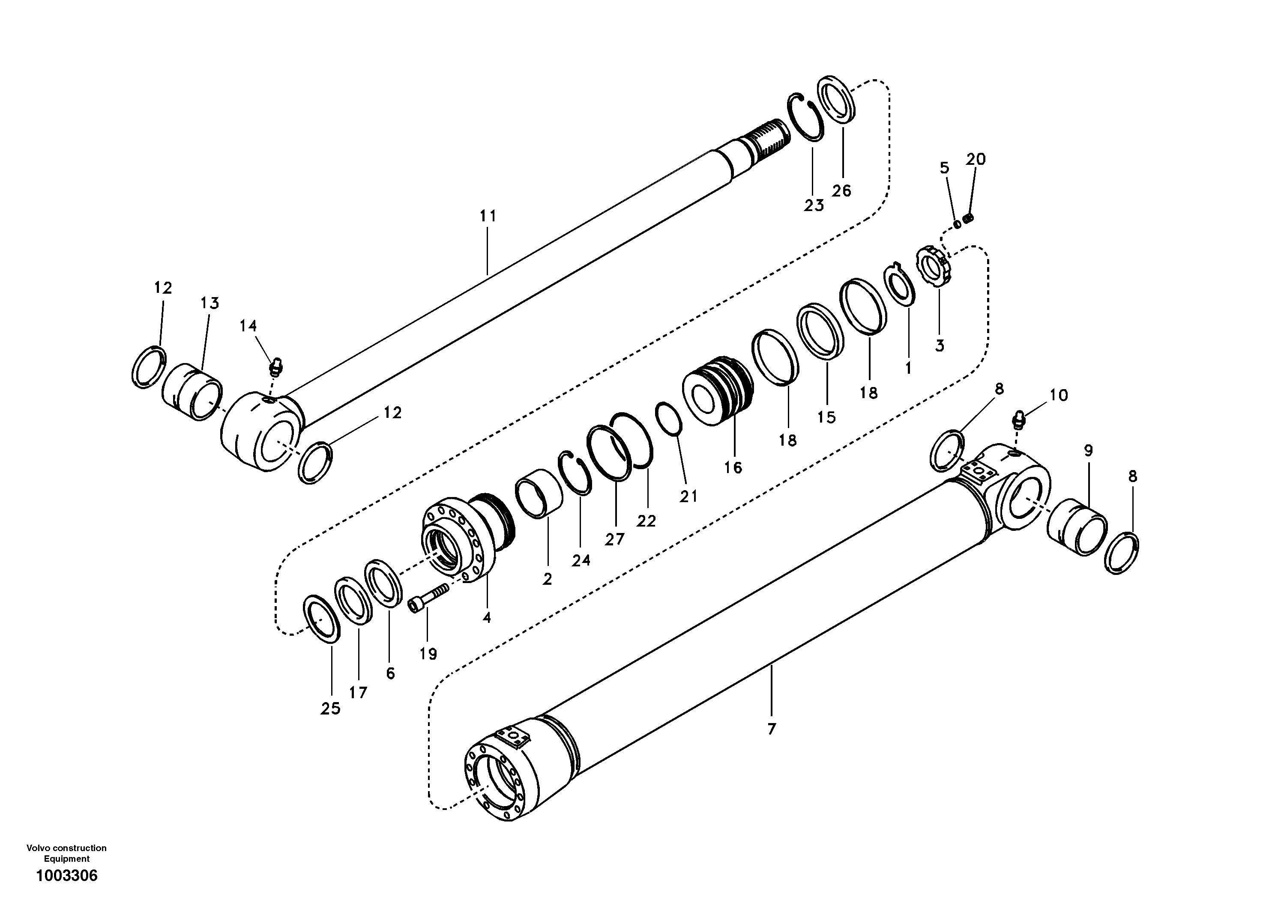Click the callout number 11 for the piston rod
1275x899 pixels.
click(x=488, y=216)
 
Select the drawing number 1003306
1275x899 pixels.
click(x=67, y=876)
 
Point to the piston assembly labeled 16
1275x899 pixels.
click(x=718, y=391)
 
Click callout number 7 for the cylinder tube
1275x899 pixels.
click(x=771, y=729)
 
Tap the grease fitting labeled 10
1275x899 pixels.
click(x=1019, y=420)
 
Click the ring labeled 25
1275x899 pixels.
click(x=323, y=619)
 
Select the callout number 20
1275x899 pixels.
click(x=976, y=159)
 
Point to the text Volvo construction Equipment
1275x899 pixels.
click(x=67, y=853)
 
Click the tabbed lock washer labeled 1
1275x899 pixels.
click(x=900, y=285)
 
